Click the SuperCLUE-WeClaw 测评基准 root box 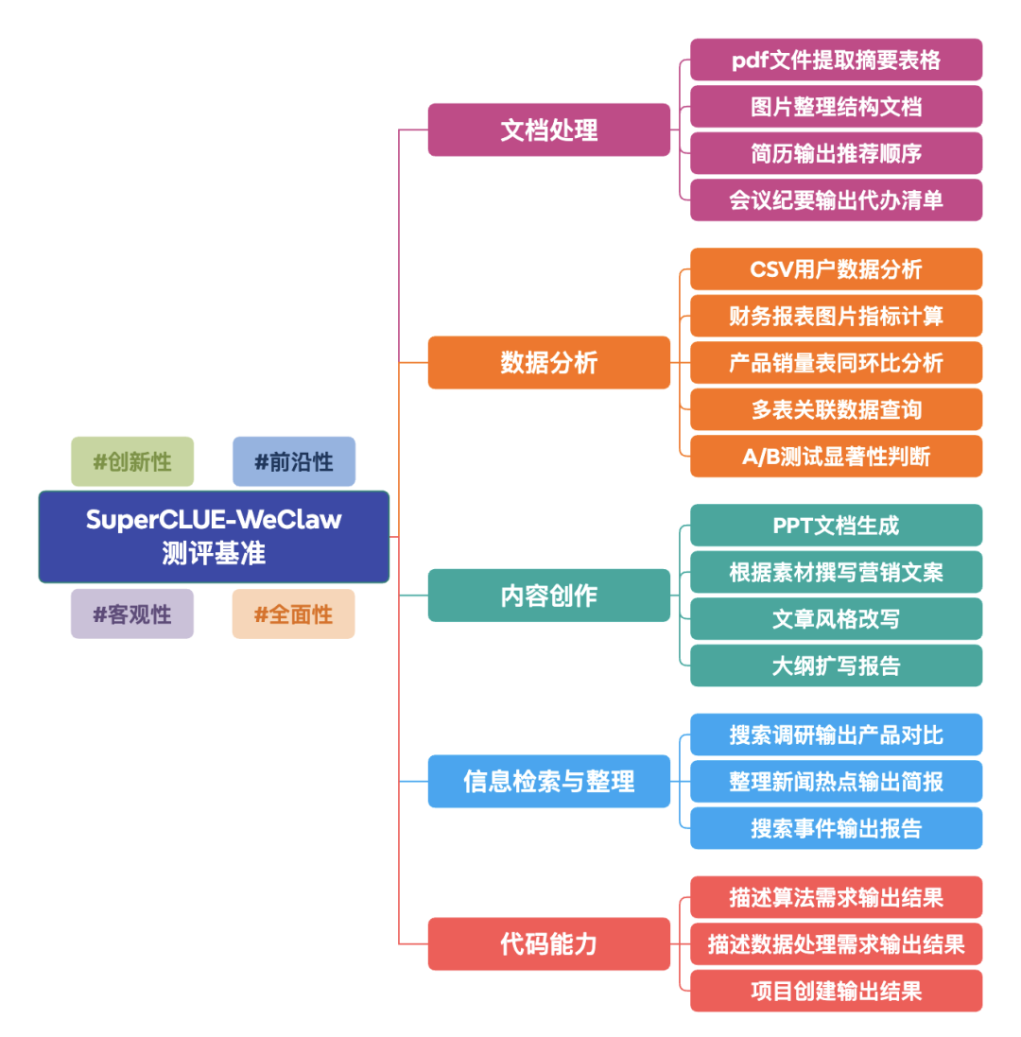[214, 536]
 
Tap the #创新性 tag [132, 461]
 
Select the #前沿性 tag [294, 461]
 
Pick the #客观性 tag [132, 614]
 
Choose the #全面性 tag [294, 614]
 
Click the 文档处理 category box [548, 130]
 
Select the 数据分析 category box [548, 362]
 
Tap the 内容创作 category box [548, 596]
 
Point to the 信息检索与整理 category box [548, 782]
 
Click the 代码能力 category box [548, 943]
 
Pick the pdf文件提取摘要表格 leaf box [836, 60]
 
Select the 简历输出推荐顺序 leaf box [836, 153]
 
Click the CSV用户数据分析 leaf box [836, 269]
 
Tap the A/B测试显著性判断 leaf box [836, 456]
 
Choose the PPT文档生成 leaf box [836, 526]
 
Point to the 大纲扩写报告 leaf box [836, 665]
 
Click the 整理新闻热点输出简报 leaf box [836, 782]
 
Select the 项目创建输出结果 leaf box [836, 991]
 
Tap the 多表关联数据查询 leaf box [836, 409]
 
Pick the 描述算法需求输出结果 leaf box [836, 897]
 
